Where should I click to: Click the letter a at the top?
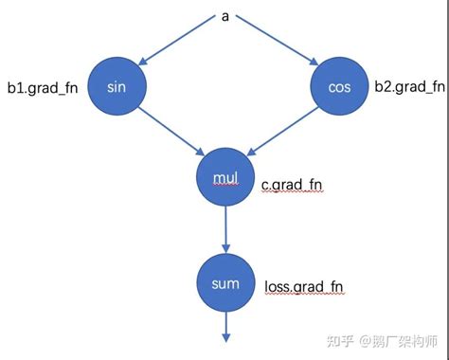tap(224, 15)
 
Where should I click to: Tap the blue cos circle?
tap(338, 86)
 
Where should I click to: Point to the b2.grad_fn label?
tap(409, 87)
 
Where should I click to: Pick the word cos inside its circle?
tap(338, 86)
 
